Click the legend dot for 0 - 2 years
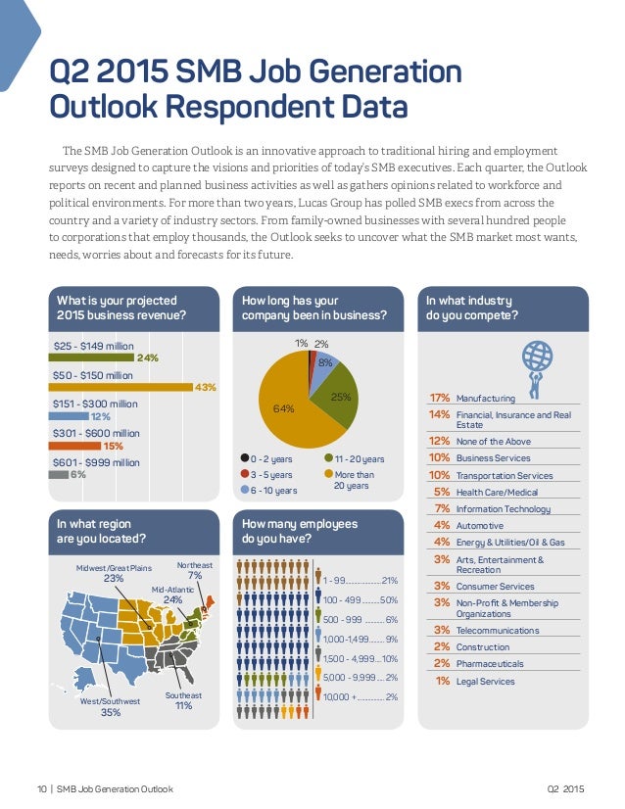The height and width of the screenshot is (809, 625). pyautogui.click(x=244, y=458)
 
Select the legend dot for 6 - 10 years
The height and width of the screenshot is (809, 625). pyautogui.click(x=244, y=490)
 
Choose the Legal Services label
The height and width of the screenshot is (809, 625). pyautogui.click(x=485, y=681)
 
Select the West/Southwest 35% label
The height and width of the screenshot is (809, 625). pyautogui.click(x=111, y=707)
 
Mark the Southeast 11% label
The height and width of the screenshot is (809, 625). pyautogui.click(x=182, y=700)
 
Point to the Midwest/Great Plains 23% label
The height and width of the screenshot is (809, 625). pyautogui.click(x=114, y=573)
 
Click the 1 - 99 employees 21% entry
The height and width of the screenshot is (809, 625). pyautogui.click(x=360, y=580)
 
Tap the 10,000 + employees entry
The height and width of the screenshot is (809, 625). pyautogui.click(x=360, y=696)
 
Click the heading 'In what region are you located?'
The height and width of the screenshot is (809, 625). pyautogui.click(x=103, y=531)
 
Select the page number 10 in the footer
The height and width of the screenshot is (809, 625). pyautogui.click(x=42, y=788)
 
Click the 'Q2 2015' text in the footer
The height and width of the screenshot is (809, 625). pyautogui.click(x=565, y=788)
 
